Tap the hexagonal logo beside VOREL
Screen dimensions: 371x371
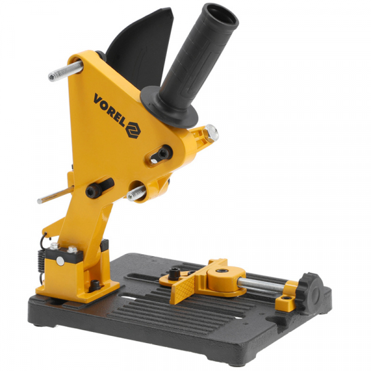pyautogui.click(x=133, y=130)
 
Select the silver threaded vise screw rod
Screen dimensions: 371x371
pyautogui.click(x=261, y=286)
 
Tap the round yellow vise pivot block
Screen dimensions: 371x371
pyautogui.click(x=224, y=279)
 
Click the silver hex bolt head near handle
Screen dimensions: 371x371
pyautogui.click(x=211, y=133)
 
